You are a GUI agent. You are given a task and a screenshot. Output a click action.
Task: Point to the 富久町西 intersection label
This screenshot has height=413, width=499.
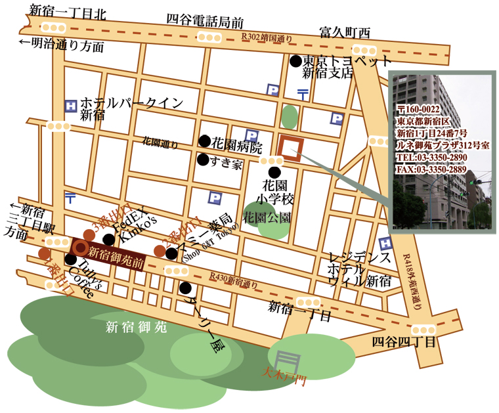(x=345, y=32)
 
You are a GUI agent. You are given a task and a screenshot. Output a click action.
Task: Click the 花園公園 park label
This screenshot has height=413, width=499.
(x=267, y=217)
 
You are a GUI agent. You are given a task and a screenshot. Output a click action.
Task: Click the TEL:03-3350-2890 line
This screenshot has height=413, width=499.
(x=431, y=158)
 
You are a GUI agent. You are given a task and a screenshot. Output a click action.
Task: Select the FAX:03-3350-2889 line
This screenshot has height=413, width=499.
(x=431, y=169)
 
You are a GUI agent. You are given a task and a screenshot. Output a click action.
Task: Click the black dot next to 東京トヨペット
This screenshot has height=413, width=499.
(x=295, y=61)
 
